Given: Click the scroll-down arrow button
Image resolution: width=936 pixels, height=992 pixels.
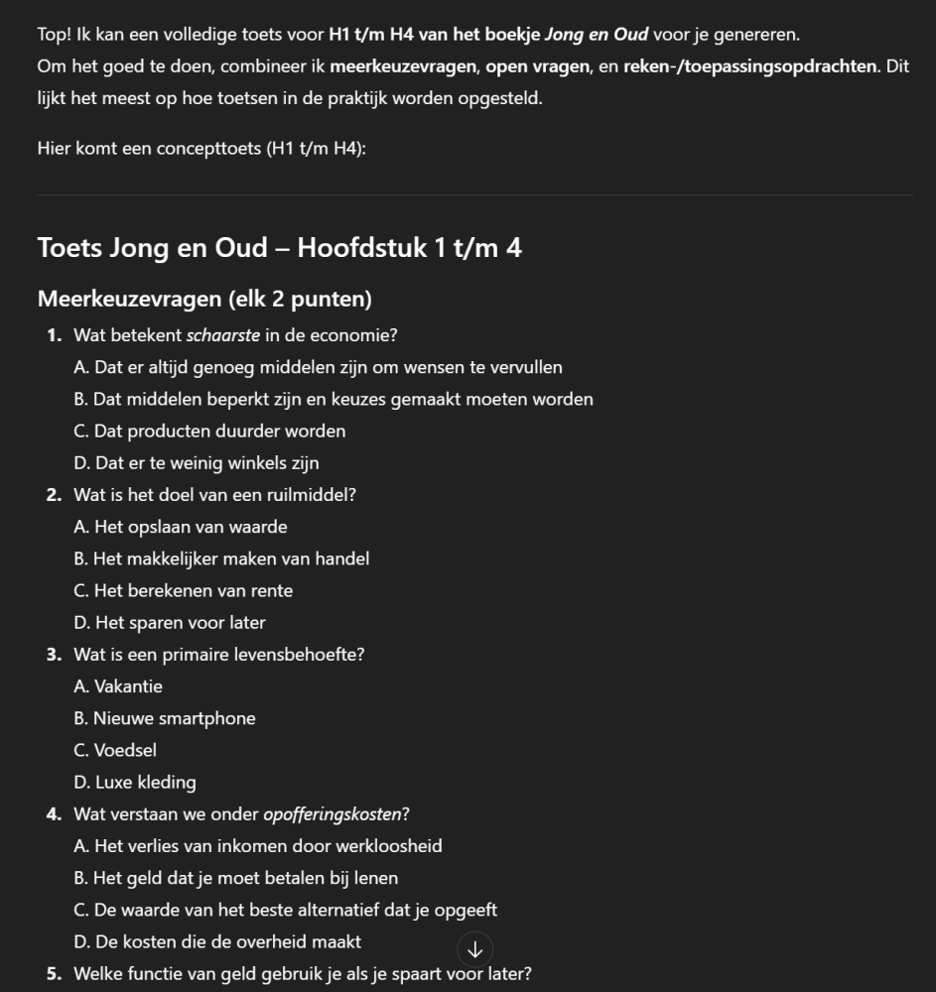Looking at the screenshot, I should point(475,949).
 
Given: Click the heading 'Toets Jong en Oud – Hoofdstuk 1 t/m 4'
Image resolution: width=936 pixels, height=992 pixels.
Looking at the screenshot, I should point(279,248).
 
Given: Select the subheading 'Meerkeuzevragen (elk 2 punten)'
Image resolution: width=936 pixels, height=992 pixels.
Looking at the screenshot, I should point(203,299).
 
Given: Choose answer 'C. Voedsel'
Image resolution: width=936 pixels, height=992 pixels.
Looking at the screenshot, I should point(115,751).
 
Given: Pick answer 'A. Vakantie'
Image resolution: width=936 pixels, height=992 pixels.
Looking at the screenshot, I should point(118,686).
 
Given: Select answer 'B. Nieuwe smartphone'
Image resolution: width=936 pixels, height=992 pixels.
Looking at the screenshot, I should point(165,718).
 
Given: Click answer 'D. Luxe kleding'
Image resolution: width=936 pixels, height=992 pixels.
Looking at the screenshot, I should point(135,783).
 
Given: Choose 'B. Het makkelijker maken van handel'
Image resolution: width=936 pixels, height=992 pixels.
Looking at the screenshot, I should point(221,558).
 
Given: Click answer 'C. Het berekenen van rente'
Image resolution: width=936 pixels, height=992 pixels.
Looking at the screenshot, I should point(184,590).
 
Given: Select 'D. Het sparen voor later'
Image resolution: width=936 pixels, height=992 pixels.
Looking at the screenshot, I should point(170,623).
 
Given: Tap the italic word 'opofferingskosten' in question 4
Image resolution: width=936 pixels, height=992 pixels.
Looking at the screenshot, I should point(333,815).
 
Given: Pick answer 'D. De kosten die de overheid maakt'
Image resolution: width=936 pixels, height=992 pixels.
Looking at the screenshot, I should point(217,941).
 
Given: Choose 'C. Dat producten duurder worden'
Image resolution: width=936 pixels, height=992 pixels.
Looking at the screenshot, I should point(209,432).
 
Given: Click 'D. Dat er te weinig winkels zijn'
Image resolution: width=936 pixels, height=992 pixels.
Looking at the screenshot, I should point(197,463).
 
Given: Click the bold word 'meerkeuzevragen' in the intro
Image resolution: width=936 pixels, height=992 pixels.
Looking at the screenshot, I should point(402,68).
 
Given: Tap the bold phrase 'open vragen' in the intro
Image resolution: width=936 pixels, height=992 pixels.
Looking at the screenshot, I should point(538,68).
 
